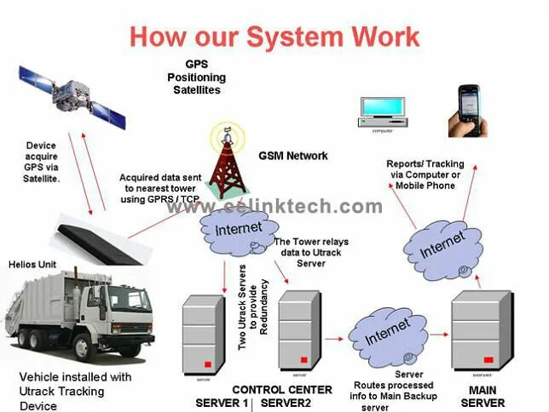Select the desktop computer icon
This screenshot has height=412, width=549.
(x=381, y=110)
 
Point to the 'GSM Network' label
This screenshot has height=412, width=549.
(x=293, y=156)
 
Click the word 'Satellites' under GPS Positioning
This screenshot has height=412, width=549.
(x=196, y=89)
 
